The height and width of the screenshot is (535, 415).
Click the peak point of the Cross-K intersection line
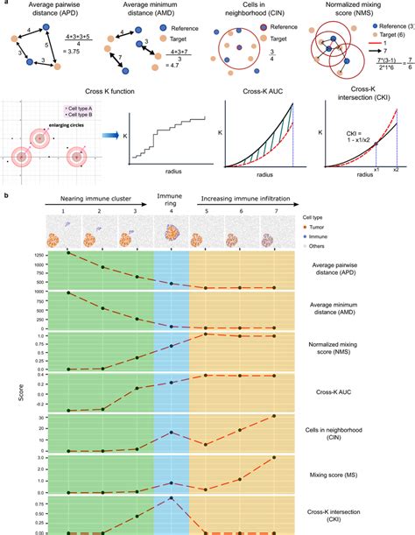(171, 497)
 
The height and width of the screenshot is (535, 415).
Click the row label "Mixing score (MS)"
(348, 474)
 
